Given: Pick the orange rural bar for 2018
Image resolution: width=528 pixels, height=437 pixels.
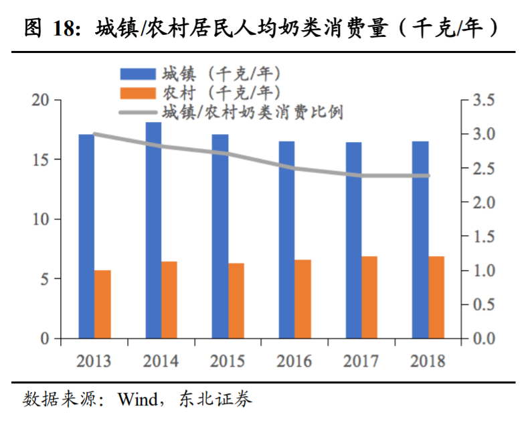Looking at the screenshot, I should tap(436, 297).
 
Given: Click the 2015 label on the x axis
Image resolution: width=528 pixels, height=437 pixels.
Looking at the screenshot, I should tap(228, 361).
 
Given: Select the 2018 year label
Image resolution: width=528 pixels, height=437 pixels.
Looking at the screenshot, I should tap(428, 361).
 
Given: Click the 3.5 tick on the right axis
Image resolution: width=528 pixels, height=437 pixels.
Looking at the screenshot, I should tap(482, 101).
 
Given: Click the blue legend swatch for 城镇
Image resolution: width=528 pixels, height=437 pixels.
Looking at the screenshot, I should tap(137, 73).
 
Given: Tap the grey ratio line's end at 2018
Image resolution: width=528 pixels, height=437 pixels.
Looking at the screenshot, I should tap(428, 176).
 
